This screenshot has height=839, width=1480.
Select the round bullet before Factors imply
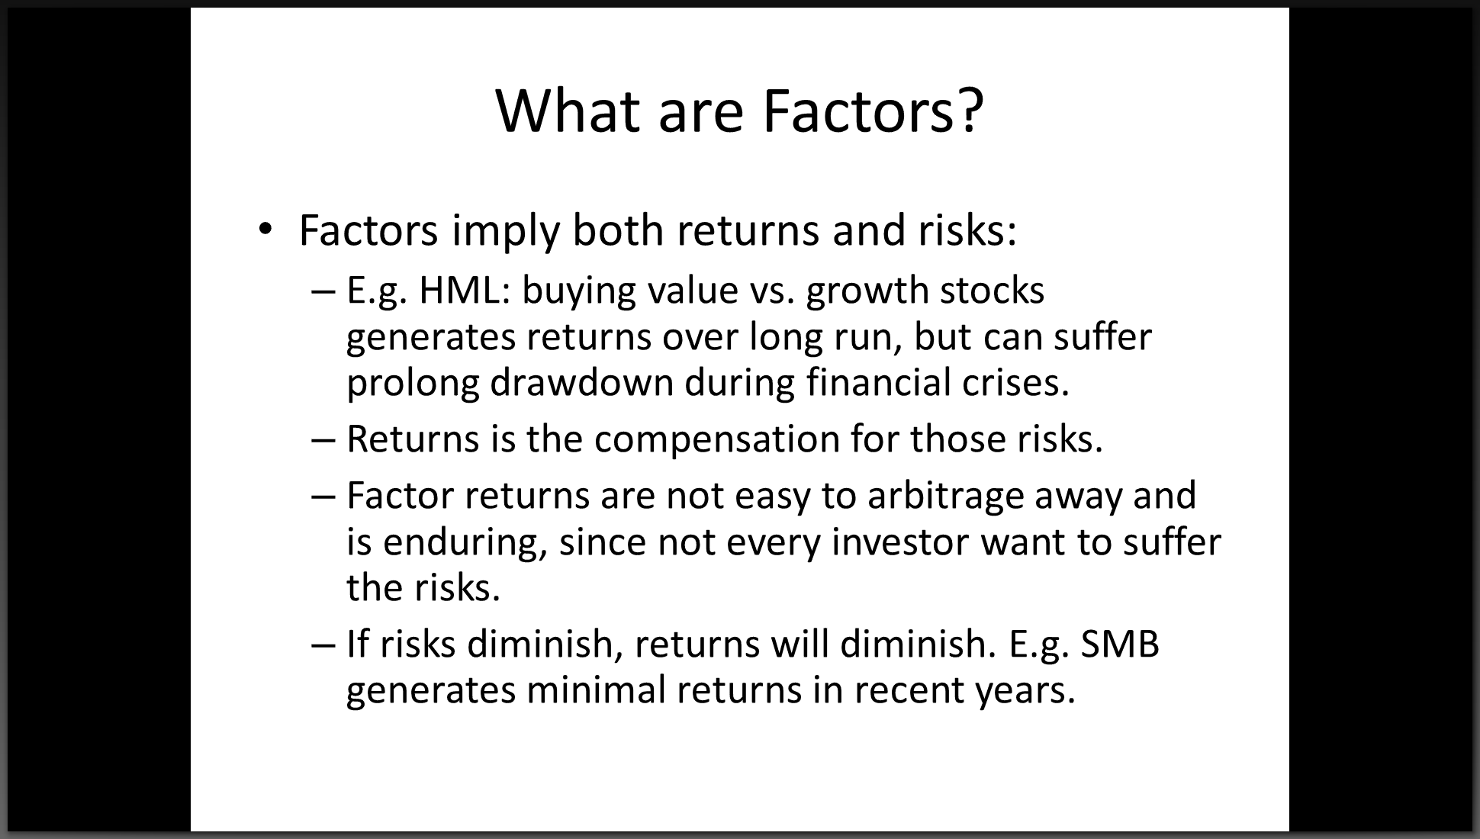point(265,229)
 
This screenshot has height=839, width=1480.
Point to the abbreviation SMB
point(1121,644)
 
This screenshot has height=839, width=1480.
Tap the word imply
point(507,231)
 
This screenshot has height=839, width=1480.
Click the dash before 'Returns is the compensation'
point(323,441)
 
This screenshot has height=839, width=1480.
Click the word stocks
point(992,291)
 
